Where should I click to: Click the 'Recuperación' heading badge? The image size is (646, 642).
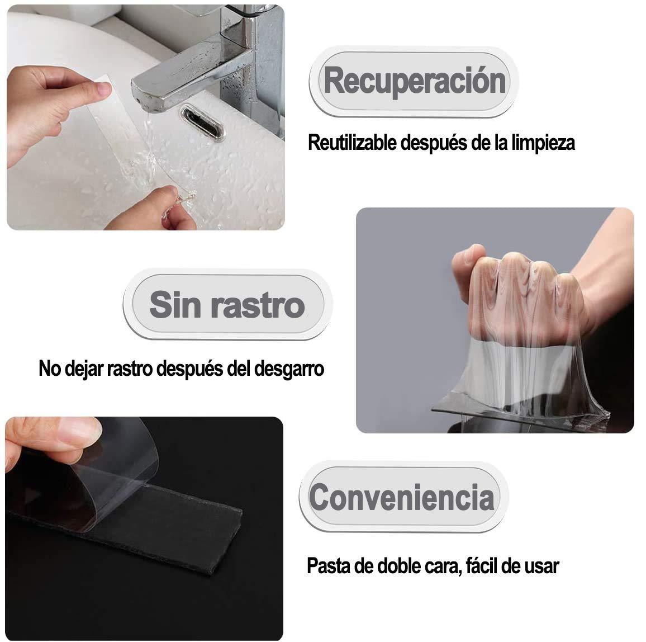tap(414, 82)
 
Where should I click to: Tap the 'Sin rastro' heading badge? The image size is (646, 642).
tap(227, 305)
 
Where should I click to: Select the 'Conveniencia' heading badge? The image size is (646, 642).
tap(402, 497)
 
